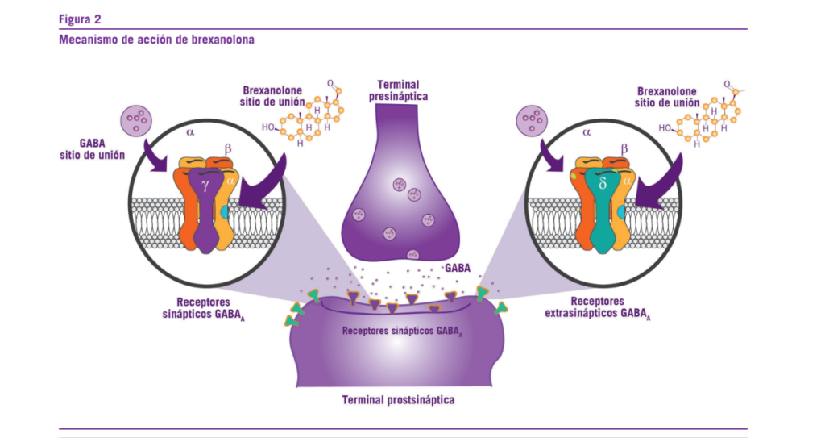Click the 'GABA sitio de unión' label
(x=90, y=148)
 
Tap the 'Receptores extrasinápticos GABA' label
(x=595, y=307)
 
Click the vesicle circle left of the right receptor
(x=532, y=122)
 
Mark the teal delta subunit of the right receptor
(x=602, y=214)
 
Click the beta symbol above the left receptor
(x=226, y=148)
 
